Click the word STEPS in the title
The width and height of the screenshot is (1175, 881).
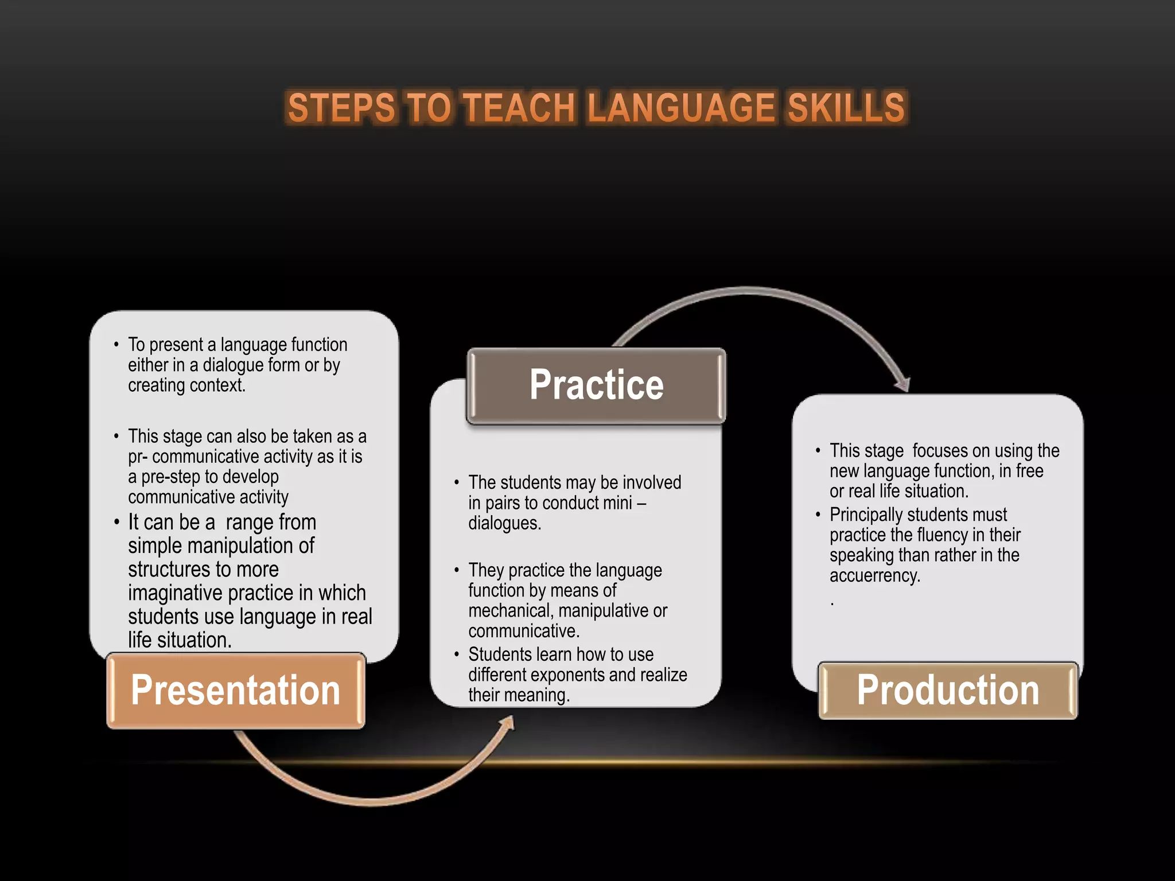[x=341, y=108]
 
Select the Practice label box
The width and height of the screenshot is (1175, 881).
[x=596, y=385]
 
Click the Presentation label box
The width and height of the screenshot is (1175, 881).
[x=235, y=690]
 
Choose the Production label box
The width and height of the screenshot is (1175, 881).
[x=948, y=690]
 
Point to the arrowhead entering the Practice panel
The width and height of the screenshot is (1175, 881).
[x=507, y=724]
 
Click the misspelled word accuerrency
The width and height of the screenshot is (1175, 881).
[x=874, y=575]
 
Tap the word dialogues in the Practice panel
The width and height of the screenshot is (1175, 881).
[x=503, y=523]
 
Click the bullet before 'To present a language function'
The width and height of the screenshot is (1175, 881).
[x=116, y=345]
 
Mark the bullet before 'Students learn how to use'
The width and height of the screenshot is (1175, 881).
[x=457, y=654]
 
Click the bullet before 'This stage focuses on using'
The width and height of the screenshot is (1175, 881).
[x=818, y=451]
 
